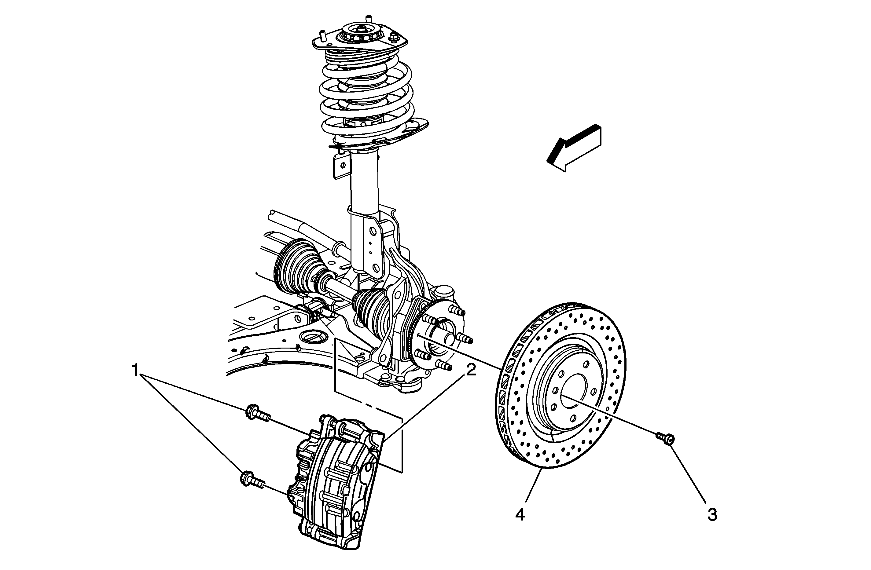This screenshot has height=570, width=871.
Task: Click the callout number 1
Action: [x=136, y=370]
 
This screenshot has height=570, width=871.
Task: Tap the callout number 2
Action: [x=471, y=370]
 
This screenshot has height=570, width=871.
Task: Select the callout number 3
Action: [x=712, y=515]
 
